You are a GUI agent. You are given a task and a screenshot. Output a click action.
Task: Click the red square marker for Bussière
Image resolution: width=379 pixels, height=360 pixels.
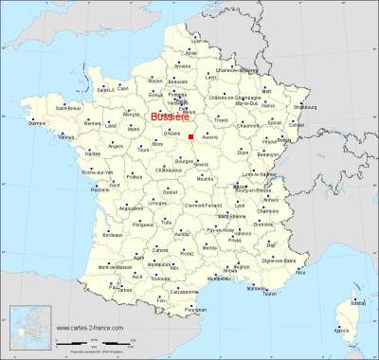[190, 136]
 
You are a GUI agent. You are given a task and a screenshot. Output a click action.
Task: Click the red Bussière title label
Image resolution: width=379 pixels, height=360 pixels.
[169, 118]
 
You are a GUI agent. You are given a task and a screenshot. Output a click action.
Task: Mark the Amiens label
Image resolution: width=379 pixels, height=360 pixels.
[183, 65]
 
